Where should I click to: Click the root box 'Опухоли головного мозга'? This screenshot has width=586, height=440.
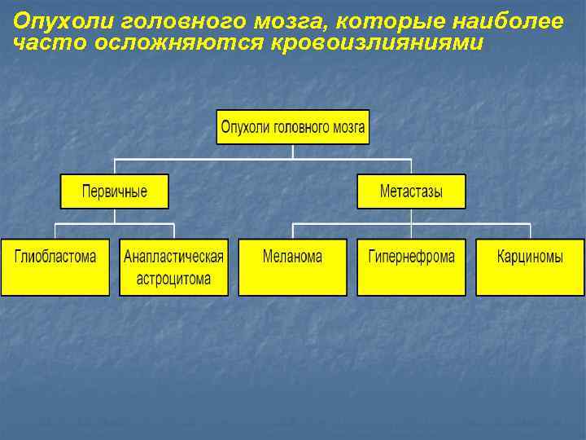[292, 127]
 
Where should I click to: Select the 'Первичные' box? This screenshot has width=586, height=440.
[114, 191]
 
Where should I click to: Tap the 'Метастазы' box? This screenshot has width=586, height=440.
[411, 191]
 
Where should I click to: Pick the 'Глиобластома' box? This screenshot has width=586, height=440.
[55, 266]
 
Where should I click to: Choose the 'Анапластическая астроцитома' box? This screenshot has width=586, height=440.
[173, 266]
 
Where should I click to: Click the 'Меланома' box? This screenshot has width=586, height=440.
[292, 266]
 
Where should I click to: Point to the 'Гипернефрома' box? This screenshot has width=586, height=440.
[411, 266]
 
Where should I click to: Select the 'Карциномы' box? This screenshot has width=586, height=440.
[530, 266]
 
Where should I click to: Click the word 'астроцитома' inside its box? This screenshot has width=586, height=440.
[173, 279]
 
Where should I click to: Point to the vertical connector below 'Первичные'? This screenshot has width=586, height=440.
[115, 215]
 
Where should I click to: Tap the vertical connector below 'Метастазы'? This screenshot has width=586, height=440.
[412, 215]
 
